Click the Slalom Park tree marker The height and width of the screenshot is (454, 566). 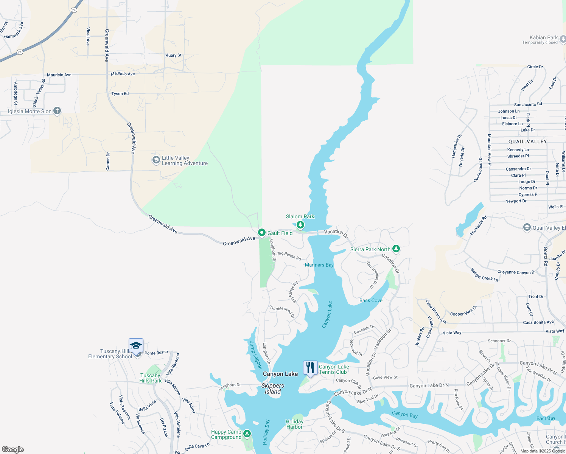click(300, 225)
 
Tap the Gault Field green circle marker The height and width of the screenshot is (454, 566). click(261, 233)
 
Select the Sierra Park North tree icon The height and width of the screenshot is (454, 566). click(396, 249)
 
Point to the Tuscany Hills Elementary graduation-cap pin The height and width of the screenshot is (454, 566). click(136, 346)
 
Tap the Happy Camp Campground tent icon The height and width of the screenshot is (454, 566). click(247, 434)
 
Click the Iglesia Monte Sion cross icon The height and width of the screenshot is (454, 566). click(57, 111)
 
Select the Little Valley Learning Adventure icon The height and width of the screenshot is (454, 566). click(156, 160)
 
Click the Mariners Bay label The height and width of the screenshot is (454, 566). click(319, 265)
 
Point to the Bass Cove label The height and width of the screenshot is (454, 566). click(371, 300)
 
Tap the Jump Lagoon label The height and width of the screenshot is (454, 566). click(256, 355)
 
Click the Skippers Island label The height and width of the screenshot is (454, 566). click(272, 389)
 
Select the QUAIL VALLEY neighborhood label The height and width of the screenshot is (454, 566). click(527, 141)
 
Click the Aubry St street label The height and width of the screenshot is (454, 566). click(174, 55)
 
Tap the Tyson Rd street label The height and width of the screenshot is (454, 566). click(120, 93)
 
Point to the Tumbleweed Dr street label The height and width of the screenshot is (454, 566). click(282, 311)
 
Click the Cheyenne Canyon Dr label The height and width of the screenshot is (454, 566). click(516, 272)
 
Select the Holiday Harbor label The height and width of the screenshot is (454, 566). click(294, 424)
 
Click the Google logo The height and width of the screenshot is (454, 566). click(12, 449)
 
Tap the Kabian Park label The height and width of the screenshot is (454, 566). click(543, 37)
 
